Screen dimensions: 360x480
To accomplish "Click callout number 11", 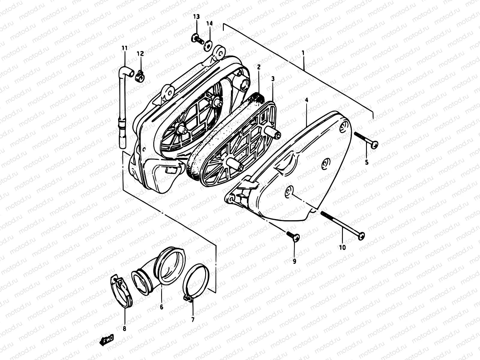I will (124, 48).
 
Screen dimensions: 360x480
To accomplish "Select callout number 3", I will (273, 79).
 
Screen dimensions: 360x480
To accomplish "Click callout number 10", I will (342, 247).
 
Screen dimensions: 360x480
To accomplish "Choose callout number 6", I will (161, 307).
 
